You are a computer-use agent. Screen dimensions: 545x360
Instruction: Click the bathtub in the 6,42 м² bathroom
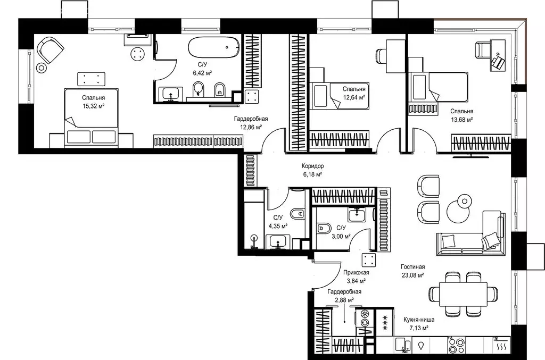[x=214, y=47]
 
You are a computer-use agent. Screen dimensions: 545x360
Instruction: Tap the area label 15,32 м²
[x=94, y=106]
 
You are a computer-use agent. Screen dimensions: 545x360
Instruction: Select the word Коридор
[x=312, y=166]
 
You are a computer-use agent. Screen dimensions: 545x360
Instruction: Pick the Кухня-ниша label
[x=419, y=320]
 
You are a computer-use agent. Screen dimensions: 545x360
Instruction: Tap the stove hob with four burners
[x=457, y=345]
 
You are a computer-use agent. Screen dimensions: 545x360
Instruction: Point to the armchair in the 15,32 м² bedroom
[x=51, y=51]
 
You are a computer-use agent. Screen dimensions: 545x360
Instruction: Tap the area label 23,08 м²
[x=412, y=275]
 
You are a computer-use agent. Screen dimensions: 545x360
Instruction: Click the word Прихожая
[x=356, y=272]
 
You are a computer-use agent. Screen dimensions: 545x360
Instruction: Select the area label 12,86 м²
[x=251, y=127]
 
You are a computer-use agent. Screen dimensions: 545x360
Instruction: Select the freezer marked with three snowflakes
[x=385, y=323]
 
